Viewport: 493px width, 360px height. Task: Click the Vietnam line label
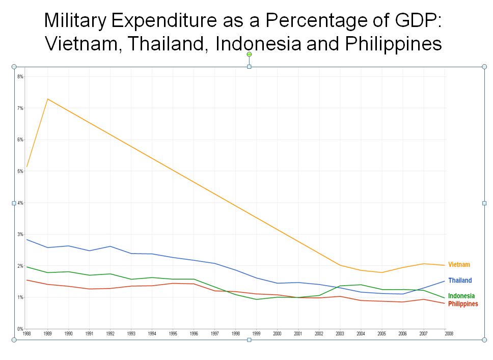tap(459, 265)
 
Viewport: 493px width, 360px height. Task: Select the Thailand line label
tap(460, 281)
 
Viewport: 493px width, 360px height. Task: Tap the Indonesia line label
tap(461, 296)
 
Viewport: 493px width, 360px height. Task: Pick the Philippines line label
tap(463, 304)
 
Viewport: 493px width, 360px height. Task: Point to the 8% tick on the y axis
tap(20, 76)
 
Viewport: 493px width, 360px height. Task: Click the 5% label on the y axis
tap(20, 171)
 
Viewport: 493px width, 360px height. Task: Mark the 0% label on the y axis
tap(20, 329)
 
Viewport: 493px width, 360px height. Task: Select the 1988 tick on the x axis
tap(26, 333)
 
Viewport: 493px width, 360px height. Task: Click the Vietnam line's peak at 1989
tap(47, 99)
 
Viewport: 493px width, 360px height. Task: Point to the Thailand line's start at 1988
tap(26, 239)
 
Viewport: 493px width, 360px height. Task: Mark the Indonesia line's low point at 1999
tap(257, 299)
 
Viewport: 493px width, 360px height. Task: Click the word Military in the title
tap(75, 21)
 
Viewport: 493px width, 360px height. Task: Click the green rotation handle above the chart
tap(249, 54)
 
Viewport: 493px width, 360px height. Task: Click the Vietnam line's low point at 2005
tap(381, 272)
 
